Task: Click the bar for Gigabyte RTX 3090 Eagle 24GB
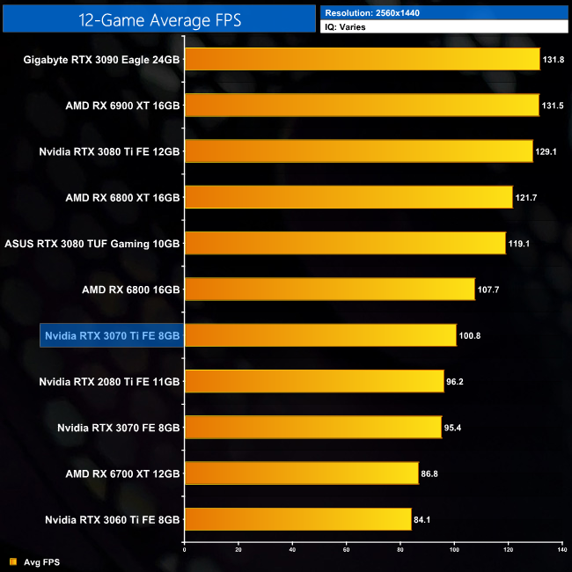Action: (x=361, y=59)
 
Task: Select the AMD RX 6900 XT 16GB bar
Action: (x=361, y=105)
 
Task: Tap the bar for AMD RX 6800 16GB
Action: (x=329, y=289)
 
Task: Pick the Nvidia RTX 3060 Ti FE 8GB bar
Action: (x=297, y=519)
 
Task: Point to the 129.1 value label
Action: (x=546, y=151)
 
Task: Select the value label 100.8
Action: (x=470, y=335)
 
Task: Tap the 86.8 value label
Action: (x=431, y=473)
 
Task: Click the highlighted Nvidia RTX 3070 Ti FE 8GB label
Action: (x=112, y=335)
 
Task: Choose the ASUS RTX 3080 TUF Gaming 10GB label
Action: (x=92, y=243)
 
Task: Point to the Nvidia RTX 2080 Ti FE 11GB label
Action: (x=110, y=381)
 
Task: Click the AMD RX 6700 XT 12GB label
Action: (x=122, y=473)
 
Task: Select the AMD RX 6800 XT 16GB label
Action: (x=122, y=197)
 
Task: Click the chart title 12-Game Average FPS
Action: (x=158, y=18)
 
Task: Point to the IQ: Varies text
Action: (x=347, y=27)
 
